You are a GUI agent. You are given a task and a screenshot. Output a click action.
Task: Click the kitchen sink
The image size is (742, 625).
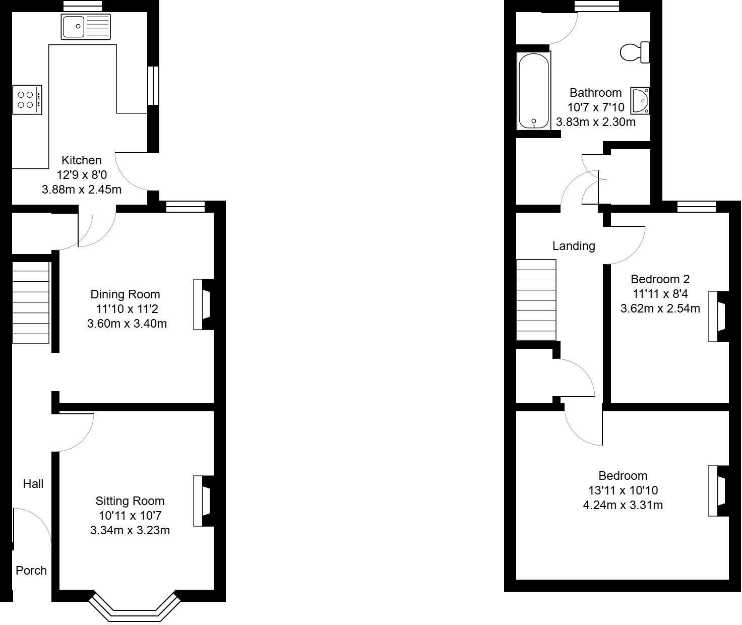coord(86,26)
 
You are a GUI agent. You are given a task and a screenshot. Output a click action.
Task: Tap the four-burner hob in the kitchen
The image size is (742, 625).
coord(27,99)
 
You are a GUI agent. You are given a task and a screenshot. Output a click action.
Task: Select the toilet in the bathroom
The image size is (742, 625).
coord(635,52)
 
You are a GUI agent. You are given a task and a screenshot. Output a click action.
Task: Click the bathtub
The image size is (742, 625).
coord(533,91)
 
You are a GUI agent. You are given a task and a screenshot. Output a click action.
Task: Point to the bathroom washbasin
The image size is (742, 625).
coord(640,100)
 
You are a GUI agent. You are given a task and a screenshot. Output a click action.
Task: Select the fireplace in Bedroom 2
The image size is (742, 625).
coord(718,316)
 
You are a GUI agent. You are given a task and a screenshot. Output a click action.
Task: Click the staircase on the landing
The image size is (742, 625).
coord(536,299)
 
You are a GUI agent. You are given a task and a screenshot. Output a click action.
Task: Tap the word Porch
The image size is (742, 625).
coord(31,570)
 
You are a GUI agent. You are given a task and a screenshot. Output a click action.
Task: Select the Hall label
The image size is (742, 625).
coord(33,484)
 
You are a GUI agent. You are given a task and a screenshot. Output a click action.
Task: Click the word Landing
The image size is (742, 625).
coord(574,246)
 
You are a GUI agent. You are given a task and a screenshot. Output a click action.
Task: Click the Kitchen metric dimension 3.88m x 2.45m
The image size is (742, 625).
coord(81,190)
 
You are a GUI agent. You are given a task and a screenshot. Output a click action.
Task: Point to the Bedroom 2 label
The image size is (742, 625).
coord(660,279)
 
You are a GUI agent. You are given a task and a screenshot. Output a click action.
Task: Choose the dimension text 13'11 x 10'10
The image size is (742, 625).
coord(623,490)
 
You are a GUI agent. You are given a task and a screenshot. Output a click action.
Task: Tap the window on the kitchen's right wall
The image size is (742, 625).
coord(153,85)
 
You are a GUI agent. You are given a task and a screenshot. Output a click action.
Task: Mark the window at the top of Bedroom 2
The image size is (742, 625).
coord(696,206)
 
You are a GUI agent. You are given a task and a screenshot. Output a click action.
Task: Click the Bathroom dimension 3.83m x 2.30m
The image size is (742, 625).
coord(595,122)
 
